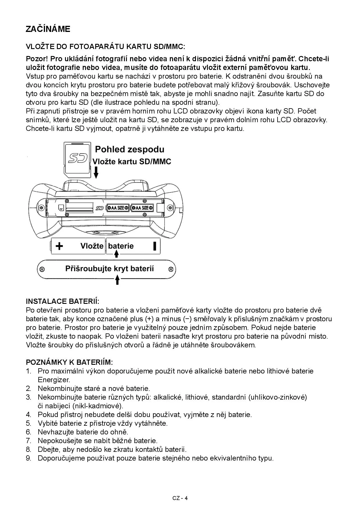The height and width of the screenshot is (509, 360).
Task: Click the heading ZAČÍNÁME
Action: pyautogui.click(x=48, y=29)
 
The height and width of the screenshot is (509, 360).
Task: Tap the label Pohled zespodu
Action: pyautogui.click(x=129, y=149)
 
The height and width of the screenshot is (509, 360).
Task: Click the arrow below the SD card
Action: pyautogui.click(x=96, y=173)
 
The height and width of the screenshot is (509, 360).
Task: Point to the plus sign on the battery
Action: pyautogui.click(x=59, y=246)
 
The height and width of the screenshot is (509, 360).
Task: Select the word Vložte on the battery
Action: pyautogui.click(x=92, y=246)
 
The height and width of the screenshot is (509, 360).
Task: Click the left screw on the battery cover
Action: pyautogui.click(x=42, y=269)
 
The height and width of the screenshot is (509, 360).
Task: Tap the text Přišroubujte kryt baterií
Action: pyautogui.click(x=109, y=268)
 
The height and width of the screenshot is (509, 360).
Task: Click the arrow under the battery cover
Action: pyautogui.click(x=117, y=280)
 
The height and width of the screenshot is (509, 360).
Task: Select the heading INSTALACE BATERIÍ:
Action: pyautogui.click(x=62, y=301)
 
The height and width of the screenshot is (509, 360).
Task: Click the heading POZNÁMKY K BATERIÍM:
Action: pyautogui.click(x=69, y=362)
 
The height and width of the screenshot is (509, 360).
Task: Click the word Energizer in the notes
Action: pyautogui.click(x=54, y=380)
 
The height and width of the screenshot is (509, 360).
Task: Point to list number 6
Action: pyautogui.click(x=28, y=432)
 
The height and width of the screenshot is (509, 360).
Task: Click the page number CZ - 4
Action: pyautogui.click(x=180, y=498)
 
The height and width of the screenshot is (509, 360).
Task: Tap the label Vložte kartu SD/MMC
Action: pyautogui.click(x=132, y=162)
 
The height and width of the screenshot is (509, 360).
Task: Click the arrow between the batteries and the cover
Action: pyautogui.click(x=116, y=254)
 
